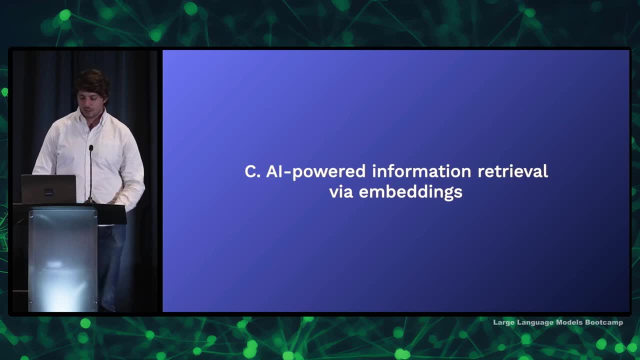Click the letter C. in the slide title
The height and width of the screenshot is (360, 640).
click(x=252, y=171)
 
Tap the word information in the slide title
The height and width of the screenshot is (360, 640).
click(x=421, y=171)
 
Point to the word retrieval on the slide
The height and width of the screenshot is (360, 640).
click(x=513, y=171)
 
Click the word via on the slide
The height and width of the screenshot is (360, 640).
click(x=341, y=191)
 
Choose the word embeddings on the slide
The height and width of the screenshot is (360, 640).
click(x=410, y=192)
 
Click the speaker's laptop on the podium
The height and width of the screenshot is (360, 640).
click(x=48, y=189)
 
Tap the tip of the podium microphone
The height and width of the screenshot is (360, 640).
click(x=91, y=147)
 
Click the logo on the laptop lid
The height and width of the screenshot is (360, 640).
click(x=48, y=192)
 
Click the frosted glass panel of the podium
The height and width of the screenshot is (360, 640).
click(x=63, y=260)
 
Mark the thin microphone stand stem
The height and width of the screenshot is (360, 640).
click(x=91, y=174)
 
